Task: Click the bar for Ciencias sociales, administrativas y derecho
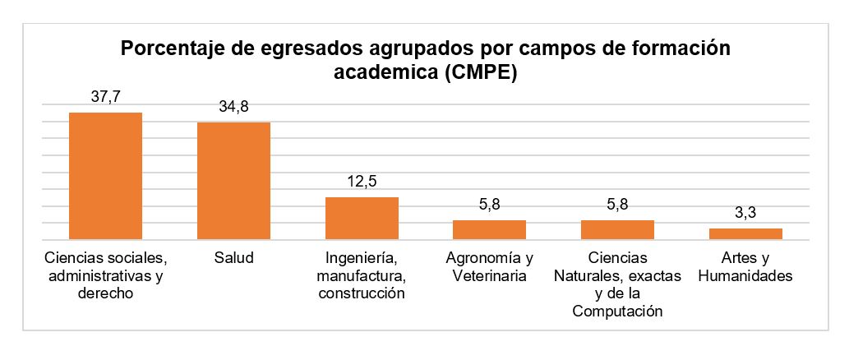(105, 176)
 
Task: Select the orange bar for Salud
(233, 181)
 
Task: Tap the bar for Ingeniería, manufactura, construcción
(362, 219)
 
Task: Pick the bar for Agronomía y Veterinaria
(490, 230)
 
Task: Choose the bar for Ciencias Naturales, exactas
(617, 230)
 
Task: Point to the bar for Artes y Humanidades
(745, 234)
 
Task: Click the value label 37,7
(105, 97)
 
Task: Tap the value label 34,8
(233, 107)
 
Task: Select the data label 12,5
(362, 182)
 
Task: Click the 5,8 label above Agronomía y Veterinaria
(490, 205)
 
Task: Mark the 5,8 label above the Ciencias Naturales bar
(617, 205)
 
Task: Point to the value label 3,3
(745, 213)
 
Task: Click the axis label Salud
(233, 257)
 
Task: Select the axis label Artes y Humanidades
(745, 266)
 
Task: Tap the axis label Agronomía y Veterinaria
(490, 266)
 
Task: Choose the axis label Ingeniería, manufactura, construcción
(362, 275)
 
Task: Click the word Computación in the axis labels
(617, 312)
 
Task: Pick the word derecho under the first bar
(105, 293)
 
